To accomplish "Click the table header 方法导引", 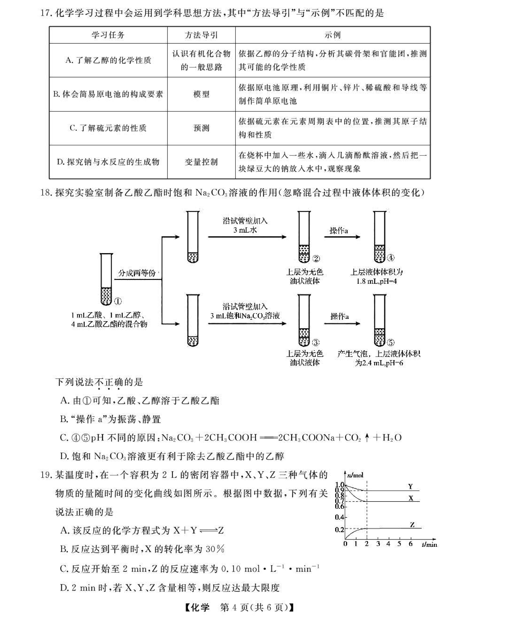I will pyautogui.click(x=201, y=35).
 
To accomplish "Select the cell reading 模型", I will pyautogui.click(x=201, y=94).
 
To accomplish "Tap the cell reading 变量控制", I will pyautogui.click(x=201, y=162).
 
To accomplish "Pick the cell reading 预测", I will pyautogui.click(x=201, y=128).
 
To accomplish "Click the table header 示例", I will pyautogui.click(x=333, y=35).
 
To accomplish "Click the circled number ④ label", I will pyautogui.click(x=390, y=258).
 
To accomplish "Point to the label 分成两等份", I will pyautogui.click(x=137, y=273).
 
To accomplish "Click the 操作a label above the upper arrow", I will pyautogui.click(x=339, y=231).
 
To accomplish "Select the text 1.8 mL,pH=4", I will pyautogui.click(x=376, y=281).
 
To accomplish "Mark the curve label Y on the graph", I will pyautogui.click(x=410, y=487).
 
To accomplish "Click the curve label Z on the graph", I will pyautogui.click(x=412, y=525).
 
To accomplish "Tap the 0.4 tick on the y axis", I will pyautogui.click(x=339, y=517).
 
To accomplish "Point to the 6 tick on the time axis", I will pyautogui.click(x=410, y=544).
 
